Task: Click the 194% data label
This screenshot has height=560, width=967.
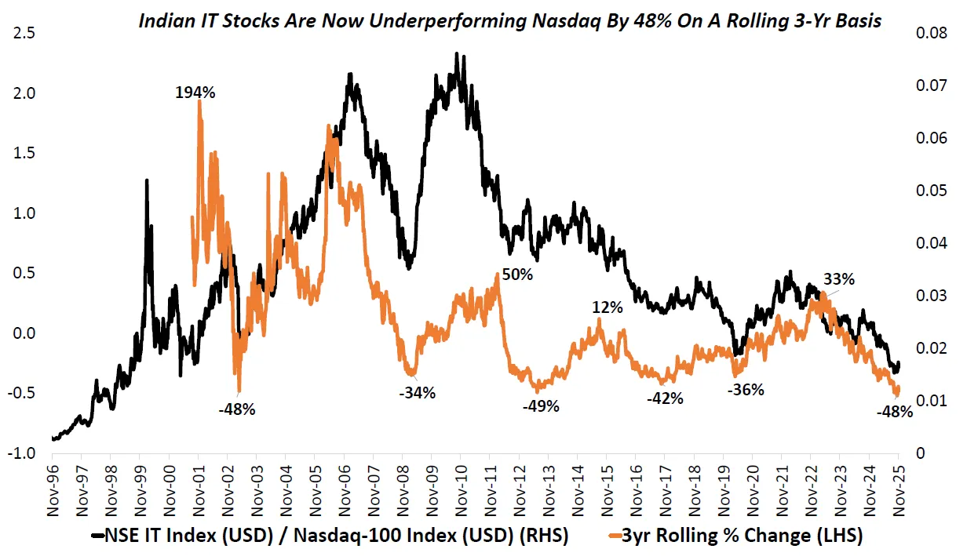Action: click(x=195, y=93)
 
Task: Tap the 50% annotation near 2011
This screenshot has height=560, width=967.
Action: click(x=518, y=275)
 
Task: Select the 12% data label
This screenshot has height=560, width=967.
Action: click(x=608, y=308)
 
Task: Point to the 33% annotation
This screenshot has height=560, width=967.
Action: click(x=838, y=279)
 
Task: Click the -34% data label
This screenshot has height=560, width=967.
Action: click(x=416, y=394)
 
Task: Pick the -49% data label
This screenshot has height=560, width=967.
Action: click(x=540, y=406)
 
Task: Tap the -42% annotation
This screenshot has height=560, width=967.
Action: click(x=664, y=398)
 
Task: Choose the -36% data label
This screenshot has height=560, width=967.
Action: click(x=745, y=390)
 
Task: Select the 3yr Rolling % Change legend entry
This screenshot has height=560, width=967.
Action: click(x=742, y=536)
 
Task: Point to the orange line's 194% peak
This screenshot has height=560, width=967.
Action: click(x=199, y=103)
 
